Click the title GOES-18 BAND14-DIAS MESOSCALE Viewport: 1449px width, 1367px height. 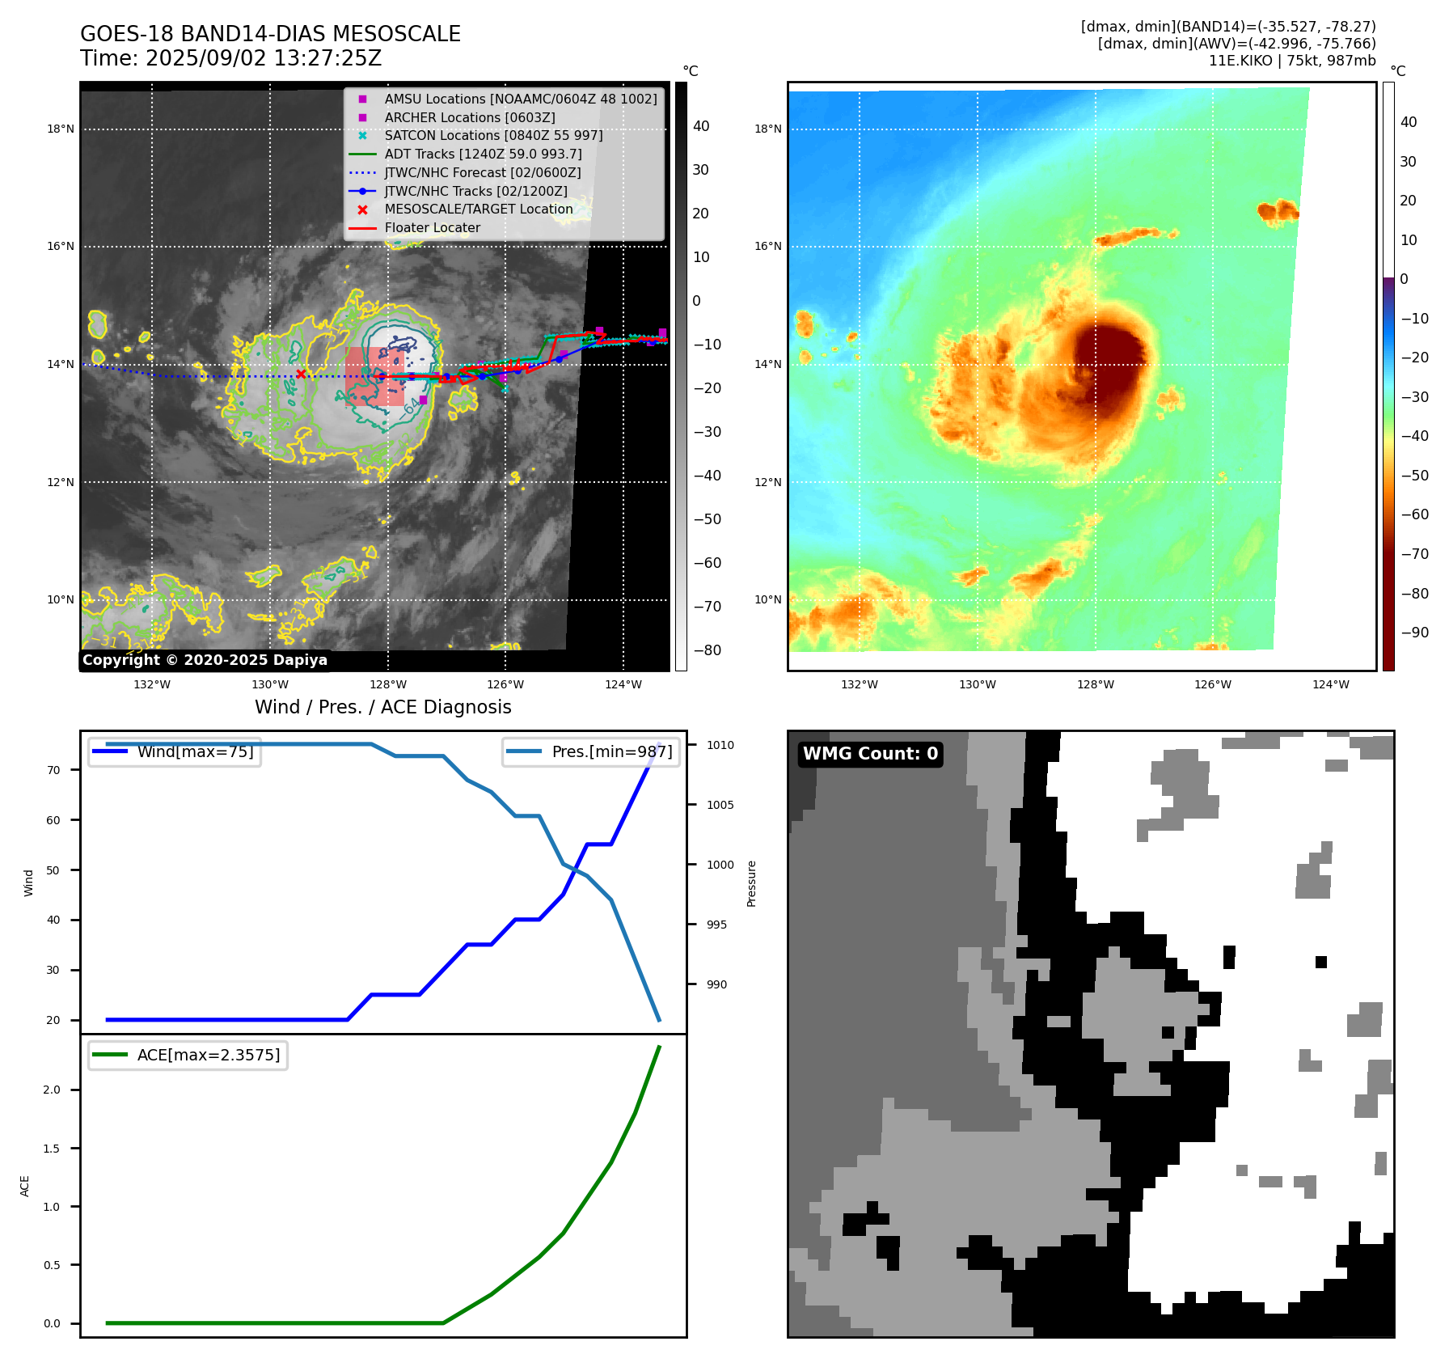[x=270, y=34]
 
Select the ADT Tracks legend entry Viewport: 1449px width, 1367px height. [x=483, y=154]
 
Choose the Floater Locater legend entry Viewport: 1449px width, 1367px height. [x=432, y=227]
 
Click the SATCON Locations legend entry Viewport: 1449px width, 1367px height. [x=493, y=135]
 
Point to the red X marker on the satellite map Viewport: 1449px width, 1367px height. [x=301, y=374]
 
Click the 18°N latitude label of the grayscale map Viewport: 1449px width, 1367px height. [x=61, y=129]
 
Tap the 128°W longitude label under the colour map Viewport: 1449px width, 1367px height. [x=1095, y=684]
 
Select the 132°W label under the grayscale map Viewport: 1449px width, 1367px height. [x=152, y=684]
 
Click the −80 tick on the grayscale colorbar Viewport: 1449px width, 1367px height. [x=707, y=650]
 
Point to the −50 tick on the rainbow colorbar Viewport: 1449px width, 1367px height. [x=1414, y=475]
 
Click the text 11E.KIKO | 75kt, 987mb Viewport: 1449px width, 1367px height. [x=1291, y=61]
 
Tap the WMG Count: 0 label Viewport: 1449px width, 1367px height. [x=870, y=753]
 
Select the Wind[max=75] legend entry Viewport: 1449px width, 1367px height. [x=195, y=751]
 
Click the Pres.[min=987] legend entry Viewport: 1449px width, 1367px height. [x=611, y=751]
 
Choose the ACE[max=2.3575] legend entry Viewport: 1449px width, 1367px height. [x=209, y=1055]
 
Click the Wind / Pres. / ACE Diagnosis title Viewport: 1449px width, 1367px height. [x=383, y=707]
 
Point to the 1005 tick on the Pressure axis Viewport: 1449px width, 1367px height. [x=720, y=805]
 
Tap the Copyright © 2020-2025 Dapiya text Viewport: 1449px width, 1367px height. [x=205, y=660]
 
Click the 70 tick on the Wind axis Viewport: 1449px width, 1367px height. [x=53, y=770]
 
